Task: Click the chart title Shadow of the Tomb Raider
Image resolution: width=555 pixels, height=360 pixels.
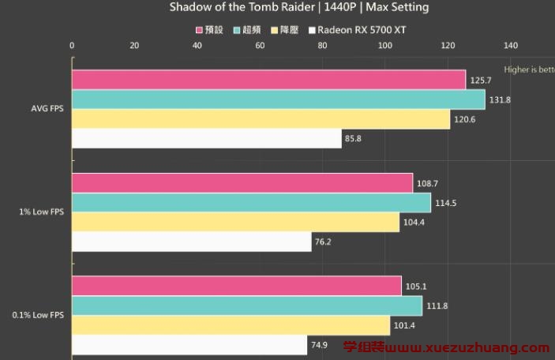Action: tap(299, 7)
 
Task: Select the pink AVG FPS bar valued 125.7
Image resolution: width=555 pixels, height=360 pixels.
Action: tap(268, 80)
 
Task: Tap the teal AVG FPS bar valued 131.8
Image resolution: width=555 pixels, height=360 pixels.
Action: tap(278, 99)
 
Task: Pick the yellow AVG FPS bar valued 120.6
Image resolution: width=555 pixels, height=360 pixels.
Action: tap(261, 119)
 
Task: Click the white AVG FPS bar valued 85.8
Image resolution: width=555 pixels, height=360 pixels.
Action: tap(206, 139)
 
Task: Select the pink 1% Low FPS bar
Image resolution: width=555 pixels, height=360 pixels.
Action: tap(242, 183)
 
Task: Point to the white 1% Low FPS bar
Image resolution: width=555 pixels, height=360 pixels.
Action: tap(191, 242)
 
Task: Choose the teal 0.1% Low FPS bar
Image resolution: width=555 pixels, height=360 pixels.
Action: tap(246, 306)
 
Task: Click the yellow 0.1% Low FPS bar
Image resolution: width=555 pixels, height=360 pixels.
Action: tap(231, 325)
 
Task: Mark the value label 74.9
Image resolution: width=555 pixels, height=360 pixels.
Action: tap(322, 345)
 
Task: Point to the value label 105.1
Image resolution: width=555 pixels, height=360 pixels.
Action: tap(416, 287)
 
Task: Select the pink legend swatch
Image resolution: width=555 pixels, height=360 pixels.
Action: tap(199, 30)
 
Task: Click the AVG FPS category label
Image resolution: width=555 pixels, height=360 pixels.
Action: tap(47, 109)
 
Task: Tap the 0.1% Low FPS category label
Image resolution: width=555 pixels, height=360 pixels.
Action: tap(38, 315)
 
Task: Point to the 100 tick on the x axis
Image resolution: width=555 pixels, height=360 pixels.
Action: tap(384, 45)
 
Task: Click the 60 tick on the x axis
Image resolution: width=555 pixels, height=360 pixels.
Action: tap(260, 45)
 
